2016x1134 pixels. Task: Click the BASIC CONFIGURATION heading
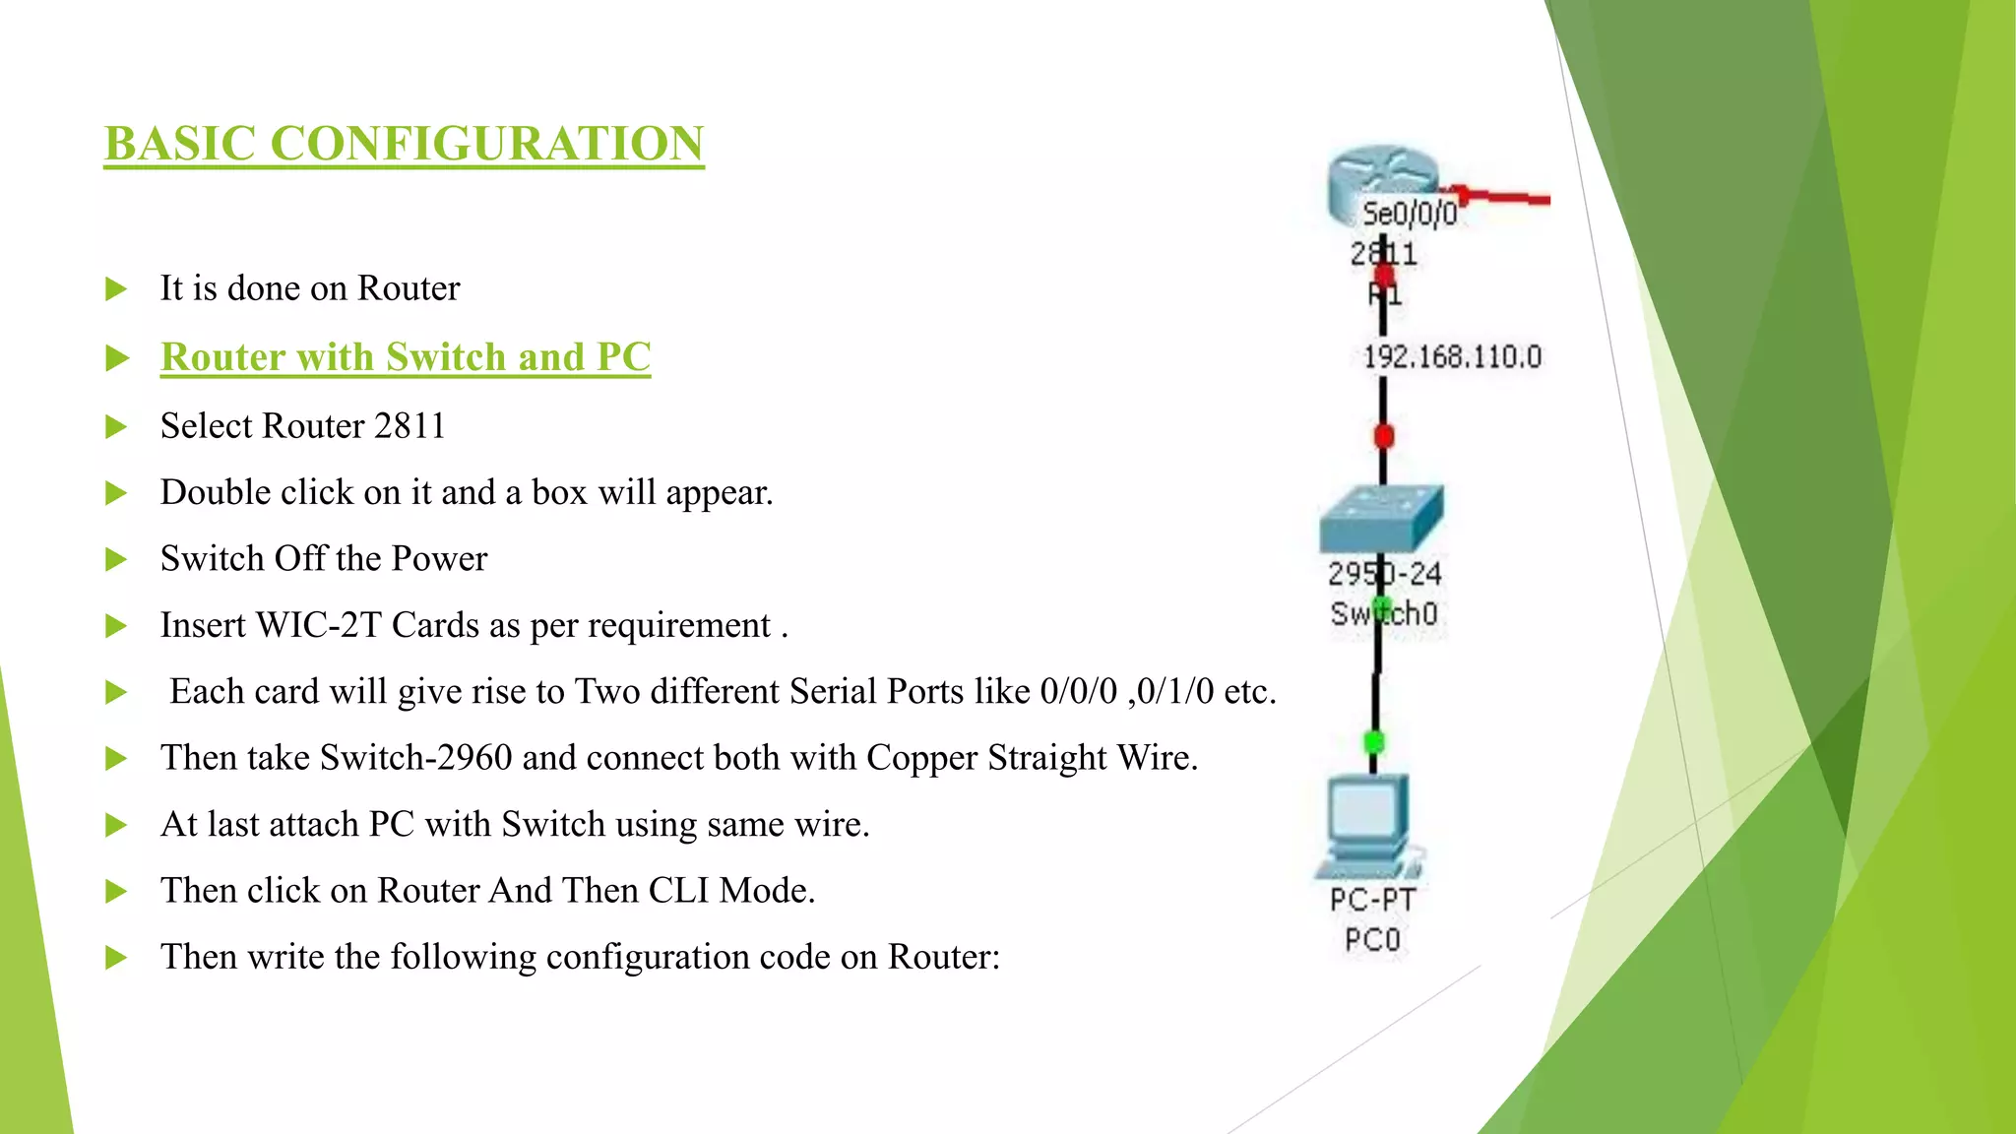coord(404,144)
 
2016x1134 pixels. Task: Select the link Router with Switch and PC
coord(406,357)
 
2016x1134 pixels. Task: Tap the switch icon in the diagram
coord(1380,518)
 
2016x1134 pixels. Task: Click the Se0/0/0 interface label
coord(1409,214)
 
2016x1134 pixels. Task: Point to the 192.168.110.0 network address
coord(1452,356)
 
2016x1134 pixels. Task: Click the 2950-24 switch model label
coord(1384,574)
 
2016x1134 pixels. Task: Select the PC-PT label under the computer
coord(1372,900)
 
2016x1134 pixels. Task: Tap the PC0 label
coord(1372,940)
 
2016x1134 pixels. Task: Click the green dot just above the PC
coord(1374,741)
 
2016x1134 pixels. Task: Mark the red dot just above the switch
coord(1384,435)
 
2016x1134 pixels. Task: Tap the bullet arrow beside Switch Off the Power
coord(116,559)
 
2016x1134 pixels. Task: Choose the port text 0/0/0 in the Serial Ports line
coord(1078,692)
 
